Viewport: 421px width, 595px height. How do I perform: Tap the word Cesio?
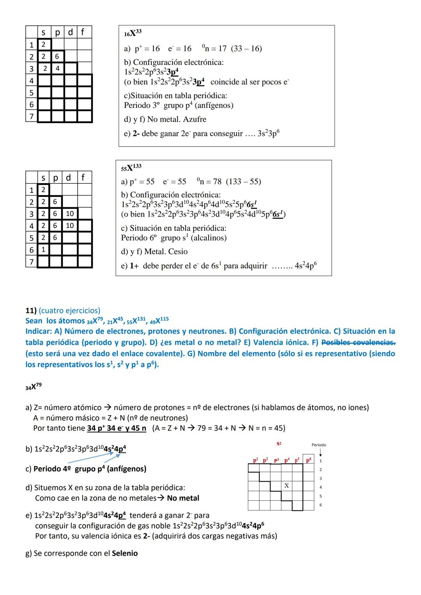[176, 252]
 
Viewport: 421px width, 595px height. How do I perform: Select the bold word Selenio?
[125, 553]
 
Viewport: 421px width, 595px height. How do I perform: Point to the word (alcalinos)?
[209, 238]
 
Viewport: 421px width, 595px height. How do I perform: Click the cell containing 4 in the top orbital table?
[57, 69]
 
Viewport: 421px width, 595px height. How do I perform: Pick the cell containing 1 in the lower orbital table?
[43, 249]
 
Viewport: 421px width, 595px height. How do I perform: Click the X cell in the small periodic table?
[287, 486]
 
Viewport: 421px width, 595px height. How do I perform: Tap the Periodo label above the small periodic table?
[319, 445]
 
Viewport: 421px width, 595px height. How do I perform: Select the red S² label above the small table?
[279, 444]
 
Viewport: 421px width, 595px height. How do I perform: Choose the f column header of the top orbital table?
[83, 32]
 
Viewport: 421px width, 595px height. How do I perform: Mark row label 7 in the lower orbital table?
[32, 261]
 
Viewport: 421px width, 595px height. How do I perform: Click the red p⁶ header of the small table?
[308, 460]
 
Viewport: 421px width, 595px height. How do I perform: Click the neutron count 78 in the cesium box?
[217, 182]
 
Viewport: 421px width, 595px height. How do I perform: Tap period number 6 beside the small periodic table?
[320, 505]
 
